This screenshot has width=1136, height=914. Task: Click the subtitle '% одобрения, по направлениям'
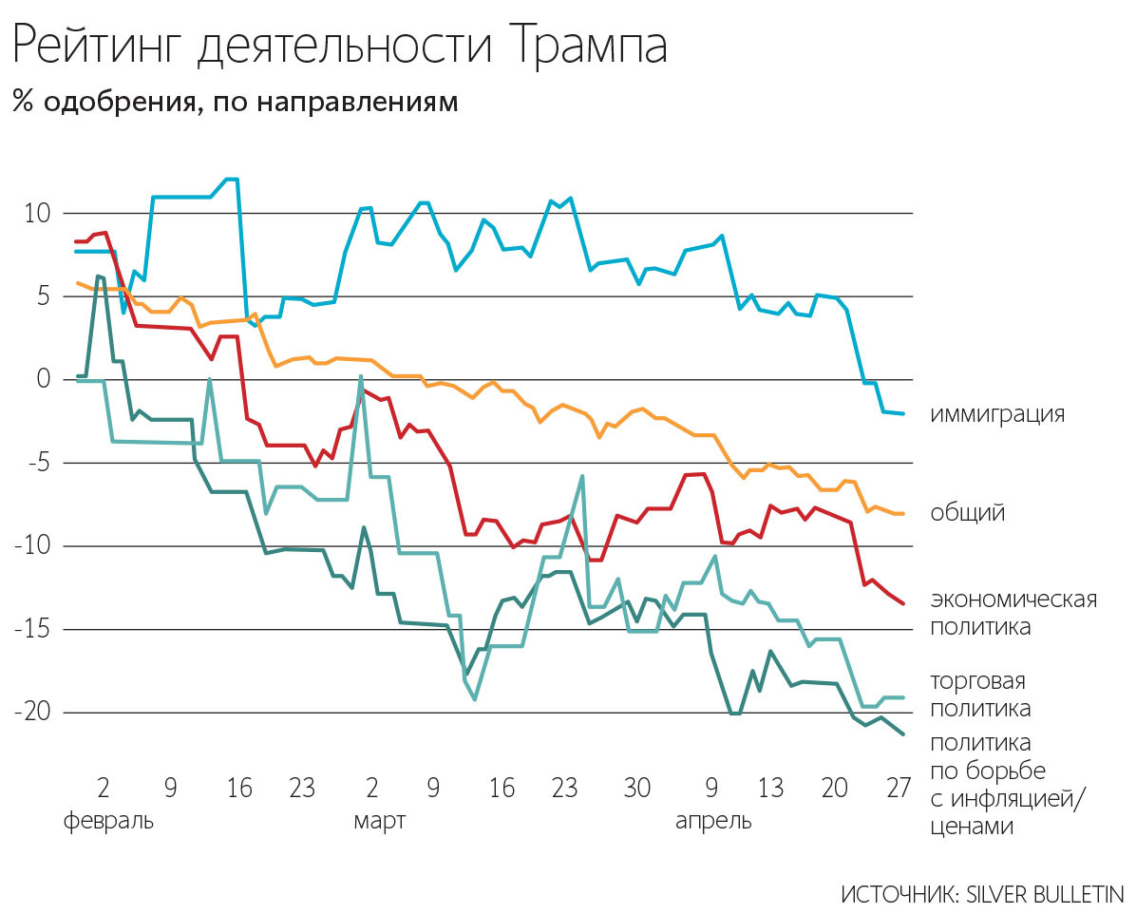[235, 102]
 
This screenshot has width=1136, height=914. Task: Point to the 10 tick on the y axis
[37, 213]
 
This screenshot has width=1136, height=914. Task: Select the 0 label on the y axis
[43, 380]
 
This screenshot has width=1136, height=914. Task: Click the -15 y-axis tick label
[34, 630]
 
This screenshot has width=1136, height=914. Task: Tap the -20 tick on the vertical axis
[34, 713]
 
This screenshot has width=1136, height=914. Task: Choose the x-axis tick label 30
[636, 789]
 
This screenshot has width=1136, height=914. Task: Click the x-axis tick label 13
[770, 789]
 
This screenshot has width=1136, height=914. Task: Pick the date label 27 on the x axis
[898, 789]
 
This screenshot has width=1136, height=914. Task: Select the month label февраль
[107, 820]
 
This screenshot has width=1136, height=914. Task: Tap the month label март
[380, 820]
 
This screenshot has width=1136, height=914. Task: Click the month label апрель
[712, 820]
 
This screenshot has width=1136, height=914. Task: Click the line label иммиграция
[997, 415]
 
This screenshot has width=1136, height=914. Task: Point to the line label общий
[967, 514]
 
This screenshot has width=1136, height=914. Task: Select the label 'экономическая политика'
[1013, 613]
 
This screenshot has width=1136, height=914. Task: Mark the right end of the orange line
[903, 513]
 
